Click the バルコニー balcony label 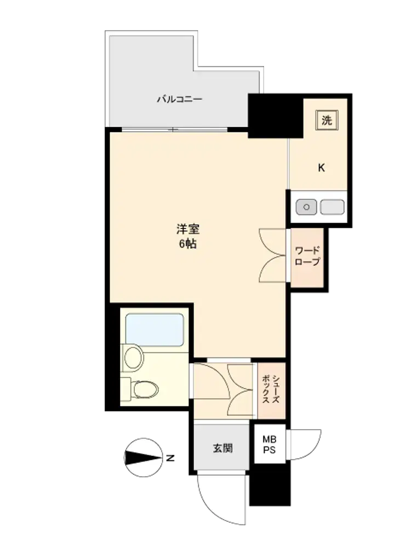pos(179,99)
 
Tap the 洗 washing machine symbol pos(327,120)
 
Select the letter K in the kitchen pos(321,168)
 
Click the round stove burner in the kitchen pos(306,207)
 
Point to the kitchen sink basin pos(333,207)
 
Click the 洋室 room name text pos(188,229)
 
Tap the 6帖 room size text pos(188,244)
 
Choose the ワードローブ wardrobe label pos(307,256)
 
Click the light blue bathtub pos(155,330)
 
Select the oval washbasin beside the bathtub pos(134,357)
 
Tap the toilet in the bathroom pos(143,389)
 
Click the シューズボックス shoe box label pos(271,389)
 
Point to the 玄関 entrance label pos(222,448)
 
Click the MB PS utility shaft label pos(270,444)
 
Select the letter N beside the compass pos(170,458)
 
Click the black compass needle pos(144,458)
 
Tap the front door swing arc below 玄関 pos(210,510)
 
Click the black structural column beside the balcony pos(276,116)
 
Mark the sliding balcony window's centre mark pos(172,130)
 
